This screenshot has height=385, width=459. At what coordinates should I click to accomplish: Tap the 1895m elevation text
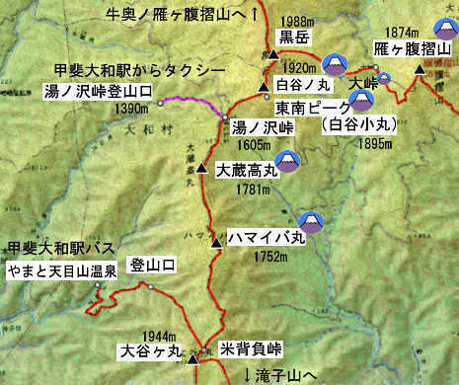click(x=357, y=140)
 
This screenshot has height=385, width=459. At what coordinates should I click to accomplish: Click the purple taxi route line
click(x=188, y=100)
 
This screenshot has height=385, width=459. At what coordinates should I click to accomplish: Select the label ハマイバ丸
click(x=266, y=238)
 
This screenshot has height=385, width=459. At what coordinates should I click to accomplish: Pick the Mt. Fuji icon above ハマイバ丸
click(x=312, y=220)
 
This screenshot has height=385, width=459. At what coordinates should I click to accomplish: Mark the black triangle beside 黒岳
click(x=271, y=54)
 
